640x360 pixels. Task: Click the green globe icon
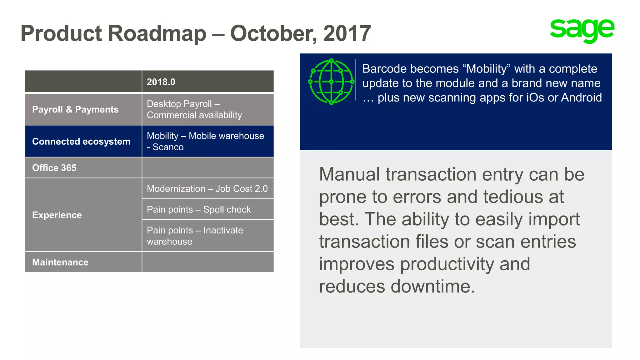click(x=331, y=82)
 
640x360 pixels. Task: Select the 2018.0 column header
click(x=161, y=82)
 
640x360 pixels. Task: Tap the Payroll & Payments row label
click(x=75, y=109)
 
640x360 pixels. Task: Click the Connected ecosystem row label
click(x=81, y=141)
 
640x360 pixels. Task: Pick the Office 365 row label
click(x=54, y=168)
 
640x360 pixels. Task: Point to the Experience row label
click(x=57, y=215)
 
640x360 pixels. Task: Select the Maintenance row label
click(x=60, y=262)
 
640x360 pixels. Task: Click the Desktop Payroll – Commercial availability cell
click(x=194, y=109)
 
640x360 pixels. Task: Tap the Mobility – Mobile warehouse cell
click(x=205, y=141)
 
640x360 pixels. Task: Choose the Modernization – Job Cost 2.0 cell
click(x=207, y=189)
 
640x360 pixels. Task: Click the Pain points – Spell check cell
click(x=199, y=209)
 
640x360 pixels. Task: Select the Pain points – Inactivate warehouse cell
click(x=195, y=236)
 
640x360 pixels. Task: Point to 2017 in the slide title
click(x=347, y=33)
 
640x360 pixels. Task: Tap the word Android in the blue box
click(x=581, y=97)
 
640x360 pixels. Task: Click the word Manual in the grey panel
click(x=349, y=174)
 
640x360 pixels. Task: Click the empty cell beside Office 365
click(x=208, y=168)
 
